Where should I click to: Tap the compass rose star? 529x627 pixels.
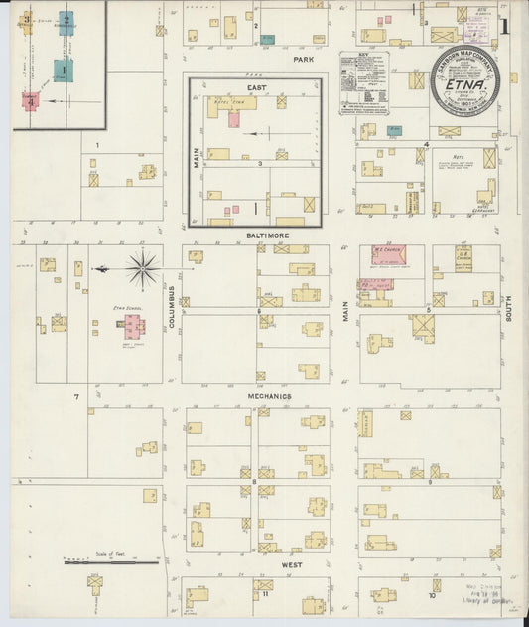(x=143, y=268)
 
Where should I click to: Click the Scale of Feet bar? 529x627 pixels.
(x=111, y=562)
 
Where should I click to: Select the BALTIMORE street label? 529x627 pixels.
(x=260, y=235)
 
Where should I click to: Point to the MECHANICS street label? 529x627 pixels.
(x=269, y=396)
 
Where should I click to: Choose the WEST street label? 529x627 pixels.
(x=291, y=564)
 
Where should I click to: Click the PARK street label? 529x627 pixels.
(x=303, y=60)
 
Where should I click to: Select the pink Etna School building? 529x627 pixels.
(x=134, y=328)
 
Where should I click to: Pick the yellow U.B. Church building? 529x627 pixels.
(x=463, y=254)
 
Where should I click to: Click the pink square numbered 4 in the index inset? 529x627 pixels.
(x=31, y=100)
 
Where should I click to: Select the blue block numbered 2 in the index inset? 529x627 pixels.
(x=66, y=22)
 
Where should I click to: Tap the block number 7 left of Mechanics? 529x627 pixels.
(x=75, y=397)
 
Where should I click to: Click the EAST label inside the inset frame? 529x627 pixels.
(x=257, y=88)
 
